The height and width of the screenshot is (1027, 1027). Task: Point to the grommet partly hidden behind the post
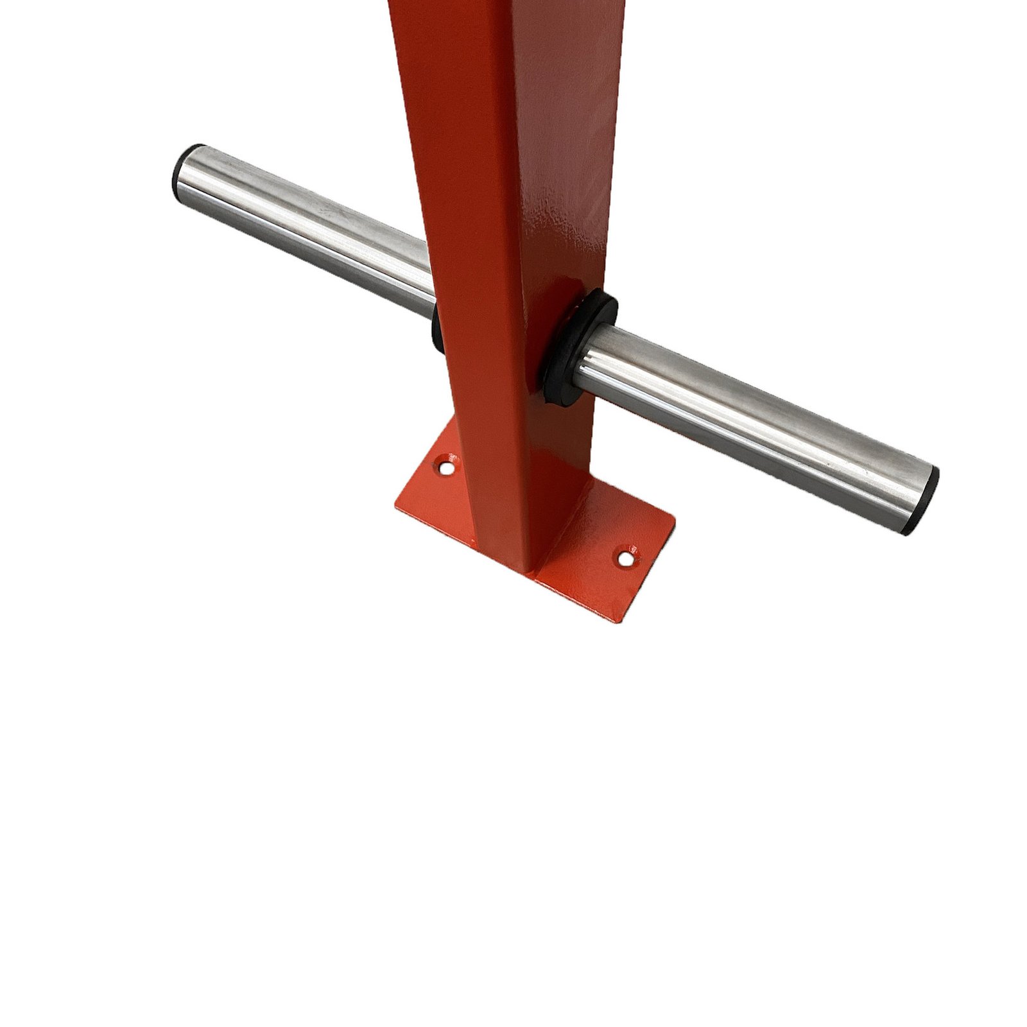(x=437, y=327)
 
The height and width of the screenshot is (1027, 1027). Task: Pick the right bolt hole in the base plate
(x=625, y=557)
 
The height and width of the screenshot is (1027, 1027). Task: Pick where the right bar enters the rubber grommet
(x=584, y=359)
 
